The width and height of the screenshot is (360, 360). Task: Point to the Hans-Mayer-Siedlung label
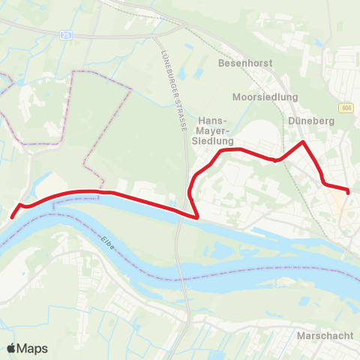[216, 130]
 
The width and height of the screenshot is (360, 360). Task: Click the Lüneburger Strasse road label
[173, 83]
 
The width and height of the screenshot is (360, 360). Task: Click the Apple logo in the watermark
[11, 348]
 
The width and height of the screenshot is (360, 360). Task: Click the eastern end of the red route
[349, 191]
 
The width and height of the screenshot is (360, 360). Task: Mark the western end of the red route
[11, 217]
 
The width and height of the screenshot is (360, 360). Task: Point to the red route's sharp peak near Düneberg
[302, 142]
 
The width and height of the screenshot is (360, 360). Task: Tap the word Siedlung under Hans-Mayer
[216, 140]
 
